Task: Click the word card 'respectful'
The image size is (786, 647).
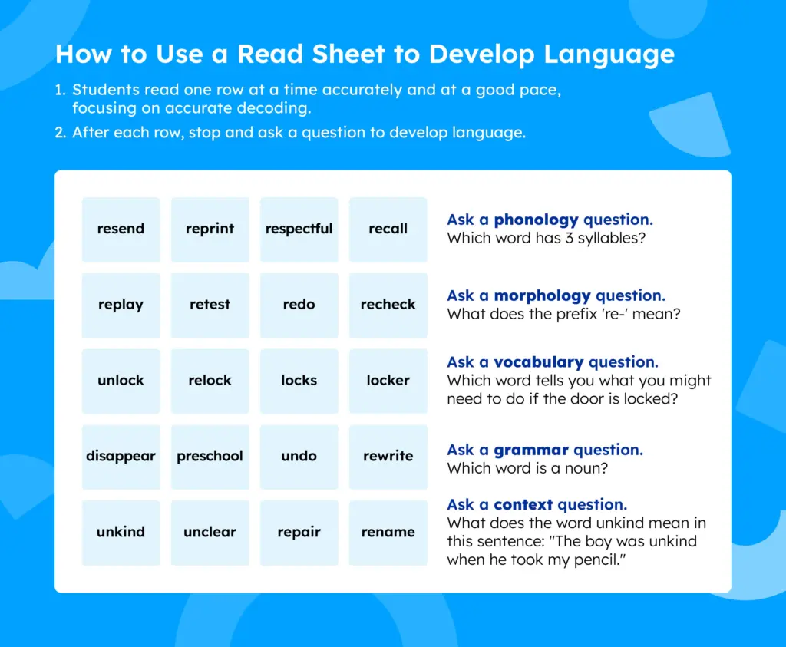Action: (x=299, y=229)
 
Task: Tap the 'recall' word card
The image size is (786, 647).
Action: (x=388, y=229)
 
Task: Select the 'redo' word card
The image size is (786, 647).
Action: (x=299, y=305)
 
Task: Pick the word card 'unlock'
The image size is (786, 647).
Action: (x=121, y=381)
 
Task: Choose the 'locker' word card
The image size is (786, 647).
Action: (x=388, y=381)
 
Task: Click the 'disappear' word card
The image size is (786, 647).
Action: (x=121, y=457)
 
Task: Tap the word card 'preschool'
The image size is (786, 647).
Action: (x=210, y=457)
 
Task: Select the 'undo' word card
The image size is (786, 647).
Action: (x=299, y=457)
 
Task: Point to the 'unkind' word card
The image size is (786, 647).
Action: (x=121, y=533)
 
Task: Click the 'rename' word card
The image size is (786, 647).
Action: (x=388, y=533)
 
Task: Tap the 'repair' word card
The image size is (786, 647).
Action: (x=299, y=533)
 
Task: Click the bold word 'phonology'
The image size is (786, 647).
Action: (x=537, y=220)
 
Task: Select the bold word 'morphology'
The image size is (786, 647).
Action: (x=543, y=296)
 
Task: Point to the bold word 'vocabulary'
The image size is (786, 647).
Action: (x=539, y=361)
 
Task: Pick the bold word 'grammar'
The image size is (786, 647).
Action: (x=531, y=451)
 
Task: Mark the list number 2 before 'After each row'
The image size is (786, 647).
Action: (x=60, y=133)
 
